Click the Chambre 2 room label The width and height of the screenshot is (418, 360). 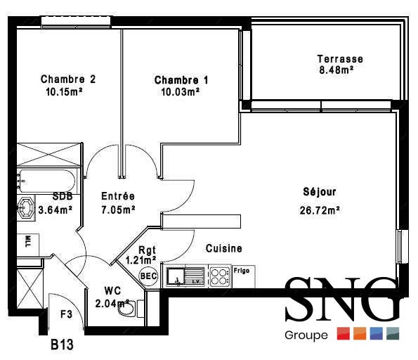[x=68, y=79]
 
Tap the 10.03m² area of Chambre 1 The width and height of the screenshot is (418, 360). [x=181, y=92]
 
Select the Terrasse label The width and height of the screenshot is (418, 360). [x=340, y=59]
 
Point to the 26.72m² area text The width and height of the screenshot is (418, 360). [x=320, y=210]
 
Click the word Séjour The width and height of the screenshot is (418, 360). [x=320, y=192]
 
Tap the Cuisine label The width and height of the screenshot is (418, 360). [x=224, y=248]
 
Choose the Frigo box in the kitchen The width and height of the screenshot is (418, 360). [x=244, y=276]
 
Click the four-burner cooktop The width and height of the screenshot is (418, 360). [x=220, y=277]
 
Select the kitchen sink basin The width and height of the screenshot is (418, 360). [x=176, y=276]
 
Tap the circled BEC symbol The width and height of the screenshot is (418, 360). [x=149, y=276]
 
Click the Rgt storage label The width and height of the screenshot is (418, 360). [x=147, y=250]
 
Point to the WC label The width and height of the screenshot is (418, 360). [x=112, y=290]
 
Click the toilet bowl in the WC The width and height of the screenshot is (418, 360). [x=126, y=309]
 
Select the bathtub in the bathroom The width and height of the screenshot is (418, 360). [x=46, y=181]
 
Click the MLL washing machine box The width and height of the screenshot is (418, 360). [x=28, y=245]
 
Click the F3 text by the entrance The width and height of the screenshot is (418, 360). [x=66, y=314]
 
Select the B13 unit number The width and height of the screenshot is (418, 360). [x=62, y=345]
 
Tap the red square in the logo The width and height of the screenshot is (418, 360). [x=344, y=333]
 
